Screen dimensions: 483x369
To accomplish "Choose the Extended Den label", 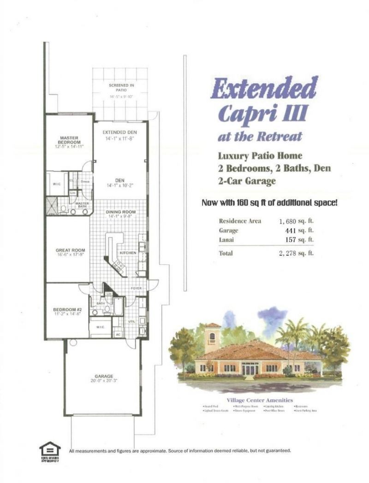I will point(119,133).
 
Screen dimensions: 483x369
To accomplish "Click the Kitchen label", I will point(127,254).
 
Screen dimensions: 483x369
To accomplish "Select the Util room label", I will point(131,321).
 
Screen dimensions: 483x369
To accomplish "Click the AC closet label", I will point(118,334).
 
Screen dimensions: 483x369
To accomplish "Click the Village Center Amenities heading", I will point(260,400).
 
